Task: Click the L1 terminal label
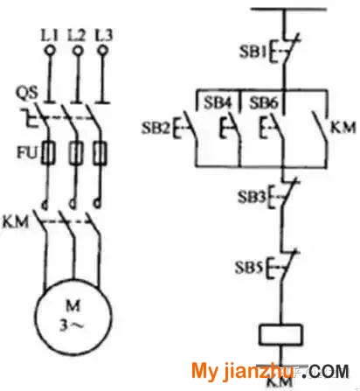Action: pos(49,36)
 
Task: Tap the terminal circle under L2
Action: pos(78,51)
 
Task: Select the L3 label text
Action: pos(103,36)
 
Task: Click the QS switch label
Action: pos(26,93)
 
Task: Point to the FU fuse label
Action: pos(27,152)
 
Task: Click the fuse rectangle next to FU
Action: pos(48,152)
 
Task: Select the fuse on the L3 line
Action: pos(100,153)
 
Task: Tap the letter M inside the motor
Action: pos(73,306)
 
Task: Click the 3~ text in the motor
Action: pos(72,325)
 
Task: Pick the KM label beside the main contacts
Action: pos(16,221)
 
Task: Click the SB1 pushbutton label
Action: pos(253,52)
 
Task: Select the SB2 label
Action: pos(156,128)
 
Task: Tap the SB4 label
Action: pos(218,103)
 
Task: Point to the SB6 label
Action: pos(264,103)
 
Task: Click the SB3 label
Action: pos(252,197)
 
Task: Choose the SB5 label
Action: pos(249,268)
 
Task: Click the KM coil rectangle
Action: pos(280,334)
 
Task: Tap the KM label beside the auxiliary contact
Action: pos(343,128)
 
